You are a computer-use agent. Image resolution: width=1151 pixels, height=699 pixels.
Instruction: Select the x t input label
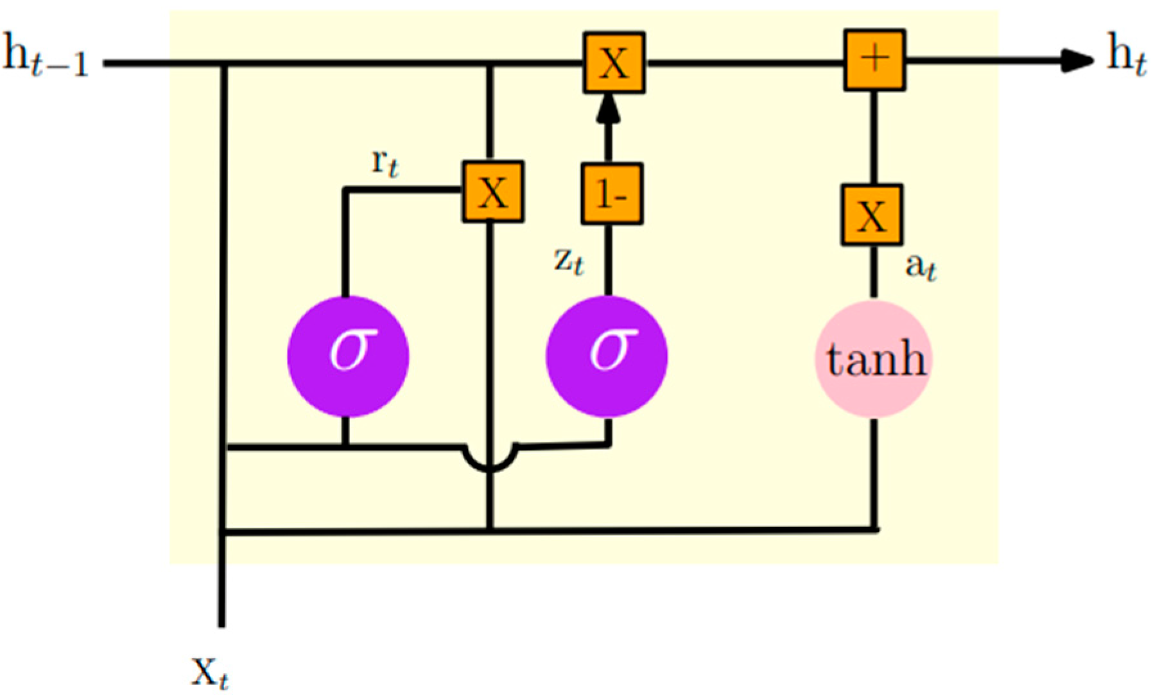[x=209, y=673]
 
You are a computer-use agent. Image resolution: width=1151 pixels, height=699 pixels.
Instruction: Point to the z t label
[x=569, y=261]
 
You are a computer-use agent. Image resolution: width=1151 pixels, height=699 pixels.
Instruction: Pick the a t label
[x=920, y=266]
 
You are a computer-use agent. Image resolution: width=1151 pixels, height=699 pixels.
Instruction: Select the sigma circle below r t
[x=347, y=356]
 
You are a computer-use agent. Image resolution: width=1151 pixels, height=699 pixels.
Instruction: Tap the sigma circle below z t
[x=607, y=356]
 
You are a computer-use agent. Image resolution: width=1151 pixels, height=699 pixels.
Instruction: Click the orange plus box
[x=874, y=60]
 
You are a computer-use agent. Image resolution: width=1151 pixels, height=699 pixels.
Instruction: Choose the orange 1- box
[x=612, y=194]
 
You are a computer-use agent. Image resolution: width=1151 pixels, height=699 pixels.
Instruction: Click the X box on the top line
[x=614, y=63]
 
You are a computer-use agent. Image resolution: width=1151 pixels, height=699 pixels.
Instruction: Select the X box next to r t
[x=493, y=192]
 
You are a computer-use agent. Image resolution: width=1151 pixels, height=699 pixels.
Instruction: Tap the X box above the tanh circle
[x=872, y=215]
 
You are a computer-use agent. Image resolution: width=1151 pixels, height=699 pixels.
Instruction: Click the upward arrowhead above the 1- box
[x=608, y=109]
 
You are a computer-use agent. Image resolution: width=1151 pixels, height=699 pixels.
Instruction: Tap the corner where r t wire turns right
[x=345, y=190]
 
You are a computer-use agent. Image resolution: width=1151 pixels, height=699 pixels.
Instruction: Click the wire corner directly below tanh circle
[x=874, y=530]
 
